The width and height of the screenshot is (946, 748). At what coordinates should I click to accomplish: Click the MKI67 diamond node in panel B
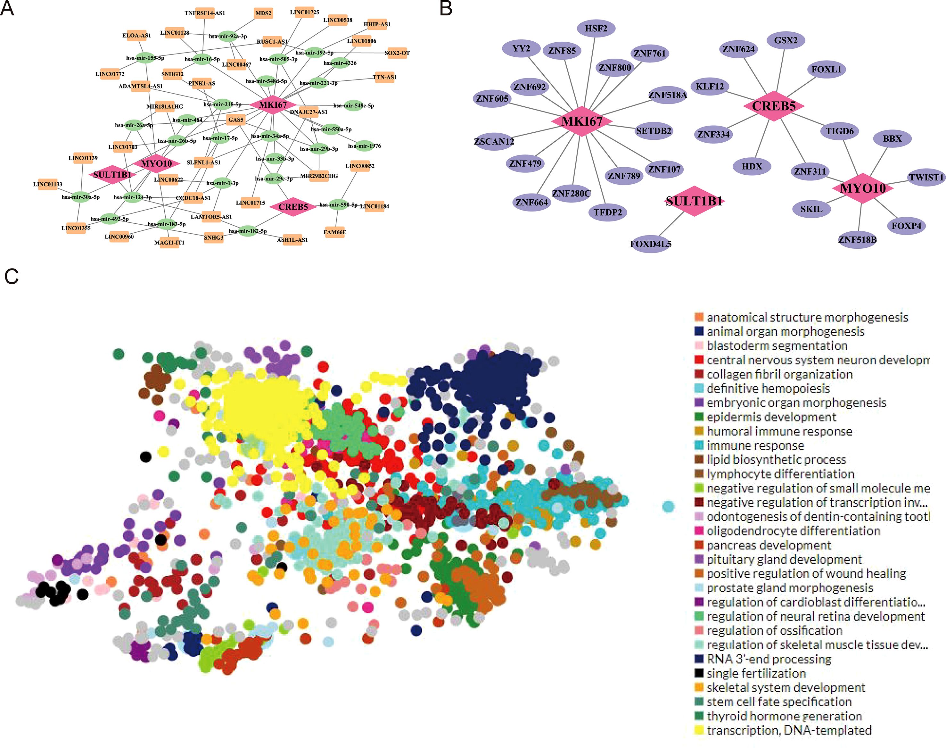(582, 121)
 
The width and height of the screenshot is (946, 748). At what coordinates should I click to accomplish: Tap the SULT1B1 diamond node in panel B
(694, 201)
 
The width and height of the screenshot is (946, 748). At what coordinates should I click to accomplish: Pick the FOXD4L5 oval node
(651, 244)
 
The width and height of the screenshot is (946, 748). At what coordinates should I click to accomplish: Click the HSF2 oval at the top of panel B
(596, 29)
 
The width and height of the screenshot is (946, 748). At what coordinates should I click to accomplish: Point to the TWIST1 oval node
(926, 177)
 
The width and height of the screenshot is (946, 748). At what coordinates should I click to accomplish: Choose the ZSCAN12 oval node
(494, 141)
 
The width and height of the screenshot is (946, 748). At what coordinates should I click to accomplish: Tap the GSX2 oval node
(786, 40)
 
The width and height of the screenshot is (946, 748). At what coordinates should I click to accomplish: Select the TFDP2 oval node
(608, 212)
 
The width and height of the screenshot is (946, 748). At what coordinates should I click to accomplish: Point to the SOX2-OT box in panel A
(397, 53)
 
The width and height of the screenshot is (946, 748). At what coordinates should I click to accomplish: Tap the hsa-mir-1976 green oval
(364, 146)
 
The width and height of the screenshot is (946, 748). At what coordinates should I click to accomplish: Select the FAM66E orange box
(335, 232)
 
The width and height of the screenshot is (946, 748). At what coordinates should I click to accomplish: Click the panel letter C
(12, 277)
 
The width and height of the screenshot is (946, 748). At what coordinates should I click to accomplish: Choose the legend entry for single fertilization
(756, 673)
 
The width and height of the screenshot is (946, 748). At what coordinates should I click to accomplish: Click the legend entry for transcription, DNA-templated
(788, 730)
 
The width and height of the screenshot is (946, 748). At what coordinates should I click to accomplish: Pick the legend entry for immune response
(755, 445)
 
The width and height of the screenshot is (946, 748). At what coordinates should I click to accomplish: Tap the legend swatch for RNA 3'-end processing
(699, 659)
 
